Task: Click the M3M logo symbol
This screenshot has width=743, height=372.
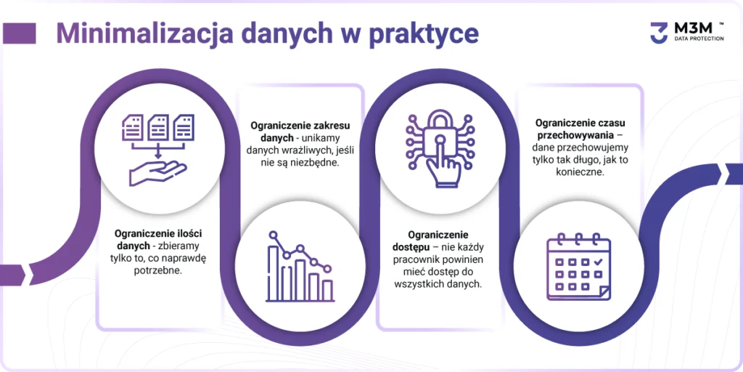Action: pyautogui.click(x=659, y=33)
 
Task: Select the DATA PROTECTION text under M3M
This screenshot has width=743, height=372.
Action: pyautogui.click(x=699, y=39)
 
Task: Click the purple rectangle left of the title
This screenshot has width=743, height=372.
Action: pyautogui.click(x=20, y=33)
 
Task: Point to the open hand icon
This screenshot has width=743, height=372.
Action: pyautogui.click(x=157, y=173)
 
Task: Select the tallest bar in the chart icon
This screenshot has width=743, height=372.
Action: pyautogui.click(x=274, y=273)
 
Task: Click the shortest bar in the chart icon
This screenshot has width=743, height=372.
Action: pyautogui.click(x=327, y=290)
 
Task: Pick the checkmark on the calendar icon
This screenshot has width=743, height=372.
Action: pyautogui.click(x=598, y=262)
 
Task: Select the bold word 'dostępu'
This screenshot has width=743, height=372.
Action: pyautogui.click(x=411, y=248)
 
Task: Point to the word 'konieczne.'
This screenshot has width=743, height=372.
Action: pyautogui.click(x=580, y=172)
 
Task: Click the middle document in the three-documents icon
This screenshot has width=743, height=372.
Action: pyautogui.click(x=157, y=127)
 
